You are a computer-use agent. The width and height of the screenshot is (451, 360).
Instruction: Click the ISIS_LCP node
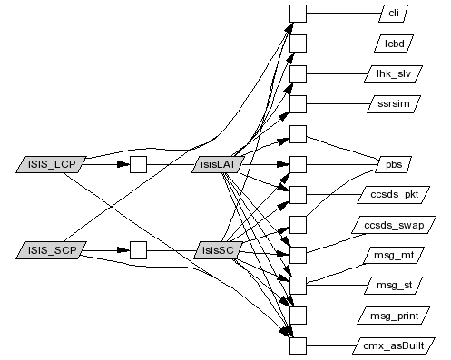tap(51, 164)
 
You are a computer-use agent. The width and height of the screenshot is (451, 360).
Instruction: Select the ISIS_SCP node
tap(51, 250)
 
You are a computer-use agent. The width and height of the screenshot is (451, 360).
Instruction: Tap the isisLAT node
tap(218, 164)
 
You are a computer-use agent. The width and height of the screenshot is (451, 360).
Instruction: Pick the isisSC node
tap(218, 250)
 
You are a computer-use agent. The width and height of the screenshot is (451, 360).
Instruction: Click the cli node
tap(393, 14)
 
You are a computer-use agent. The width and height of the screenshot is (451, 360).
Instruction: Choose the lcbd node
tap(394, 44)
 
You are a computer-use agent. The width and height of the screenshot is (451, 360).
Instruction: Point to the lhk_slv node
tap(394, 73)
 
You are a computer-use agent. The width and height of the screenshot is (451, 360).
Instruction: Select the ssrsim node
tap(394, 104)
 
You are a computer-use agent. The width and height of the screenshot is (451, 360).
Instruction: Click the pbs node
tap(394, 164)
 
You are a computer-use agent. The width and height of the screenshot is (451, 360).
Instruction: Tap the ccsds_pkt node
tap(394, 195)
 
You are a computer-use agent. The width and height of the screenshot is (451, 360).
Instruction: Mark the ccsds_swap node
tap(394, 225)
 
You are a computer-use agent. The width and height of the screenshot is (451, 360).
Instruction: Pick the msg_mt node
tap(394, 255)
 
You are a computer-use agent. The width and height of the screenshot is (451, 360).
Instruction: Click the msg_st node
tap(394, 286)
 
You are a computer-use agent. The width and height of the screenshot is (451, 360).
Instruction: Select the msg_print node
tap(394, 316)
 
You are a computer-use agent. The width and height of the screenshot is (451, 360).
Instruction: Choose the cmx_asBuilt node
tap(394, 345)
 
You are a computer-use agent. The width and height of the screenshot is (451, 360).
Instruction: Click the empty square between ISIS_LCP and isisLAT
tap(138, 164)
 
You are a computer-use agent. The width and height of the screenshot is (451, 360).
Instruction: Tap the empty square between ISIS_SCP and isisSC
tap(138, 250)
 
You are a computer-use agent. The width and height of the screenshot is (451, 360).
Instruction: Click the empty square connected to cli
tap(298, 14)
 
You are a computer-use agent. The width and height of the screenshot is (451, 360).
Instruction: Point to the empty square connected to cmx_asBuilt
tap(298, 345)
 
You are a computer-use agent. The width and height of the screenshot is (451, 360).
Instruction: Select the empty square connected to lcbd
tap(298, 44)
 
